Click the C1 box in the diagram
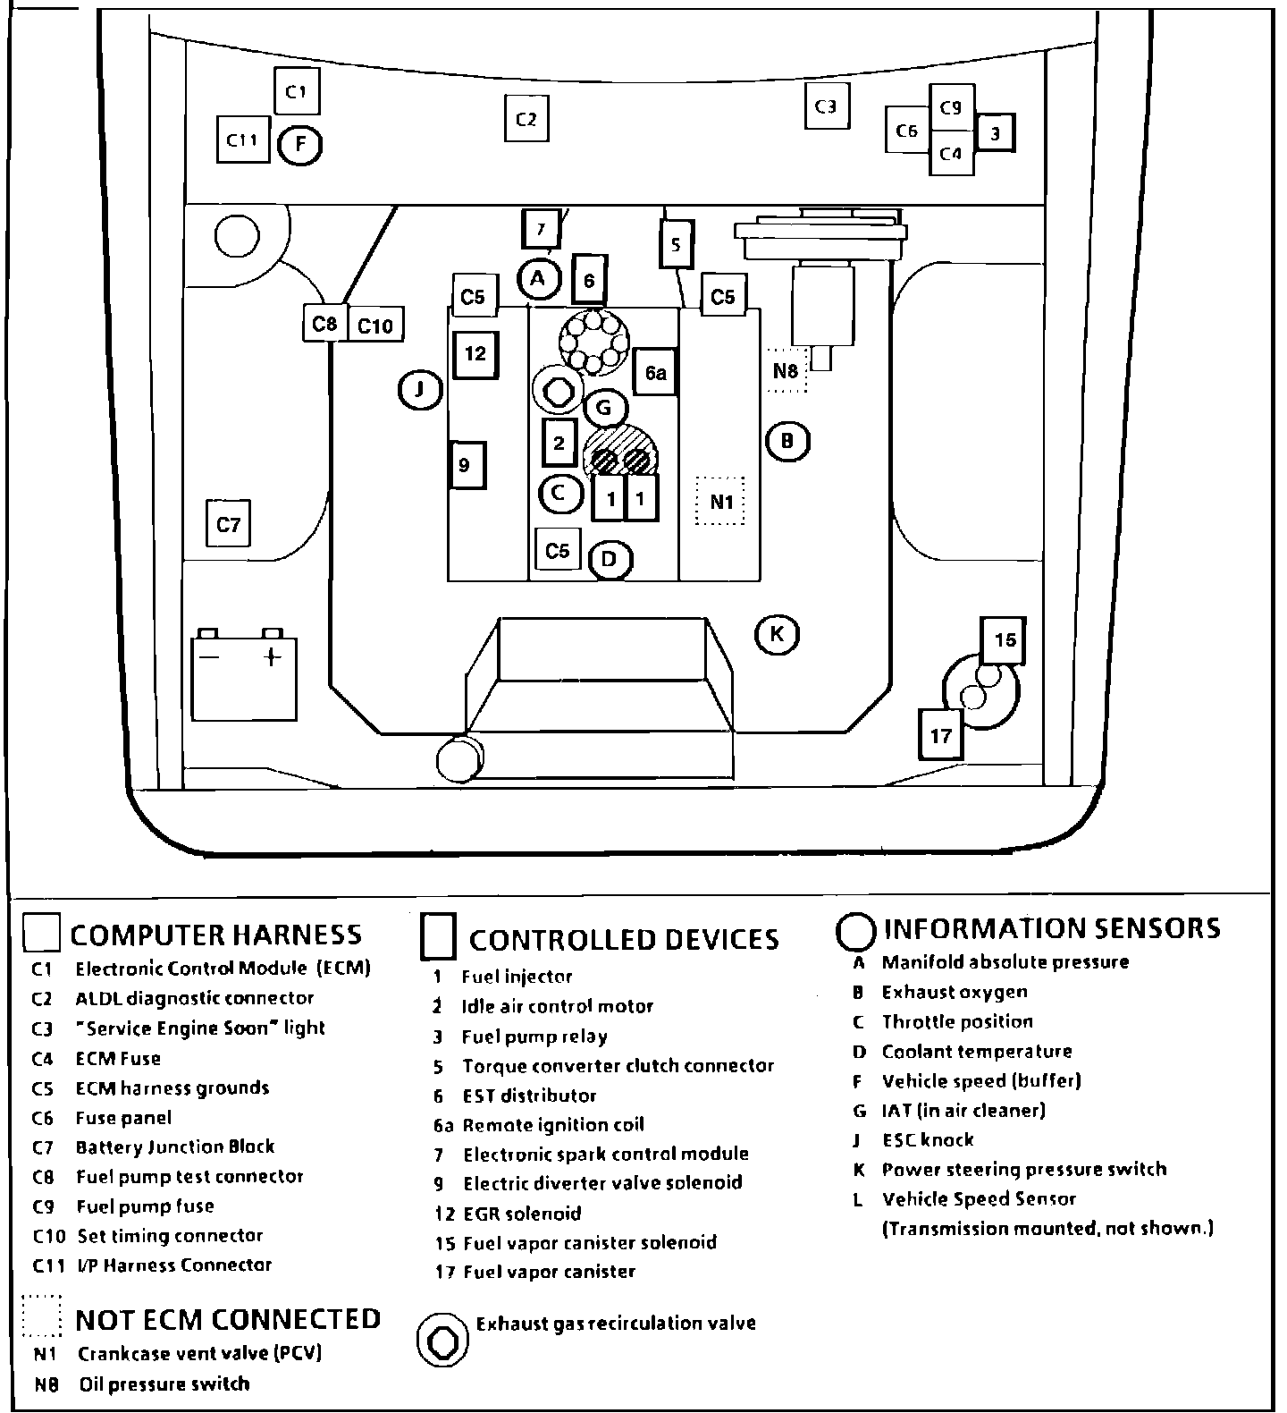297,91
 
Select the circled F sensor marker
300,144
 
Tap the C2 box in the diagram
526,119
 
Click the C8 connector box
324,324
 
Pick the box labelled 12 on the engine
475,354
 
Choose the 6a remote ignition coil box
656,373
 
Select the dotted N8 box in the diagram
786,370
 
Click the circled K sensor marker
777,634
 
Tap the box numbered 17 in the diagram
941,735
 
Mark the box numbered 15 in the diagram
1005,639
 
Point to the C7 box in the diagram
229,524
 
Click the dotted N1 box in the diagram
720,502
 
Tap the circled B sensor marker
787,441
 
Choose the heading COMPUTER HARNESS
215,935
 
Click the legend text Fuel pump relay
534,1036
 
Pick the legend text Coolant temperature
976,1052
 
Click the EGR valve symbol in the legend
442,1341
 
